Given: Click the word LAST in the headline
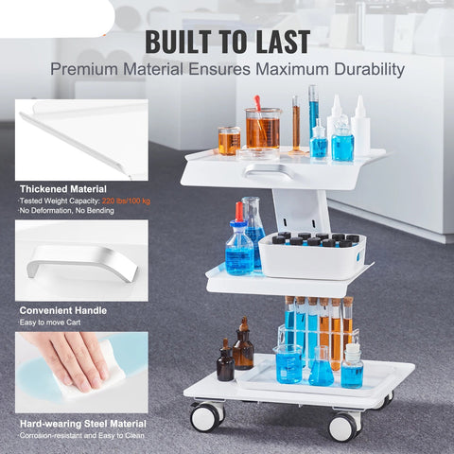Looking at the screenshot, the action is (x=283, y=42).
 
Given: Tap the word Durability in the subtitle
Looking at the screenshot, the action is (x=369, y=69).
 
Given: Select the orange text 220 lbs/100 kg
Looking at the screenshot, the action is (x=126, y=201).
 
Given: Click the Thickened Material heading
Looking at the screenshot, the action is (x=63, y=189).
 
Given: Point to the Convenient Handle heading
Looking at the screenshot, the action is (x=63, y=310).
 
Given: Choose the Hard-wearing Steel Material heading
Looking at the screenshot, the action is (x=83, y=424).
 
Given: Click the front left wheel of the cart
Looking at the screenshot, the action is (x=207, y=417).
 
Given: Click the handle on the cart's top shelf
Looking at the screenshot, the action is (x=271, y=171).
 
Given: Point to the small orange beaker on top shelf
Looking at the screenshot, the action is (x=230, y=141).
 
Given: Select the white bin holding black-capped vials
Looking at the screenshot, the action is (x=312, y=255).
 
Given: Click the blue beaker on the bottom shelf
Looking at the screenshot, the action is (x=288, y=364).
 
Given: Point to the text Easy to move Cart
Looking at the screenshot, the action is (x=50, y=323).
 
